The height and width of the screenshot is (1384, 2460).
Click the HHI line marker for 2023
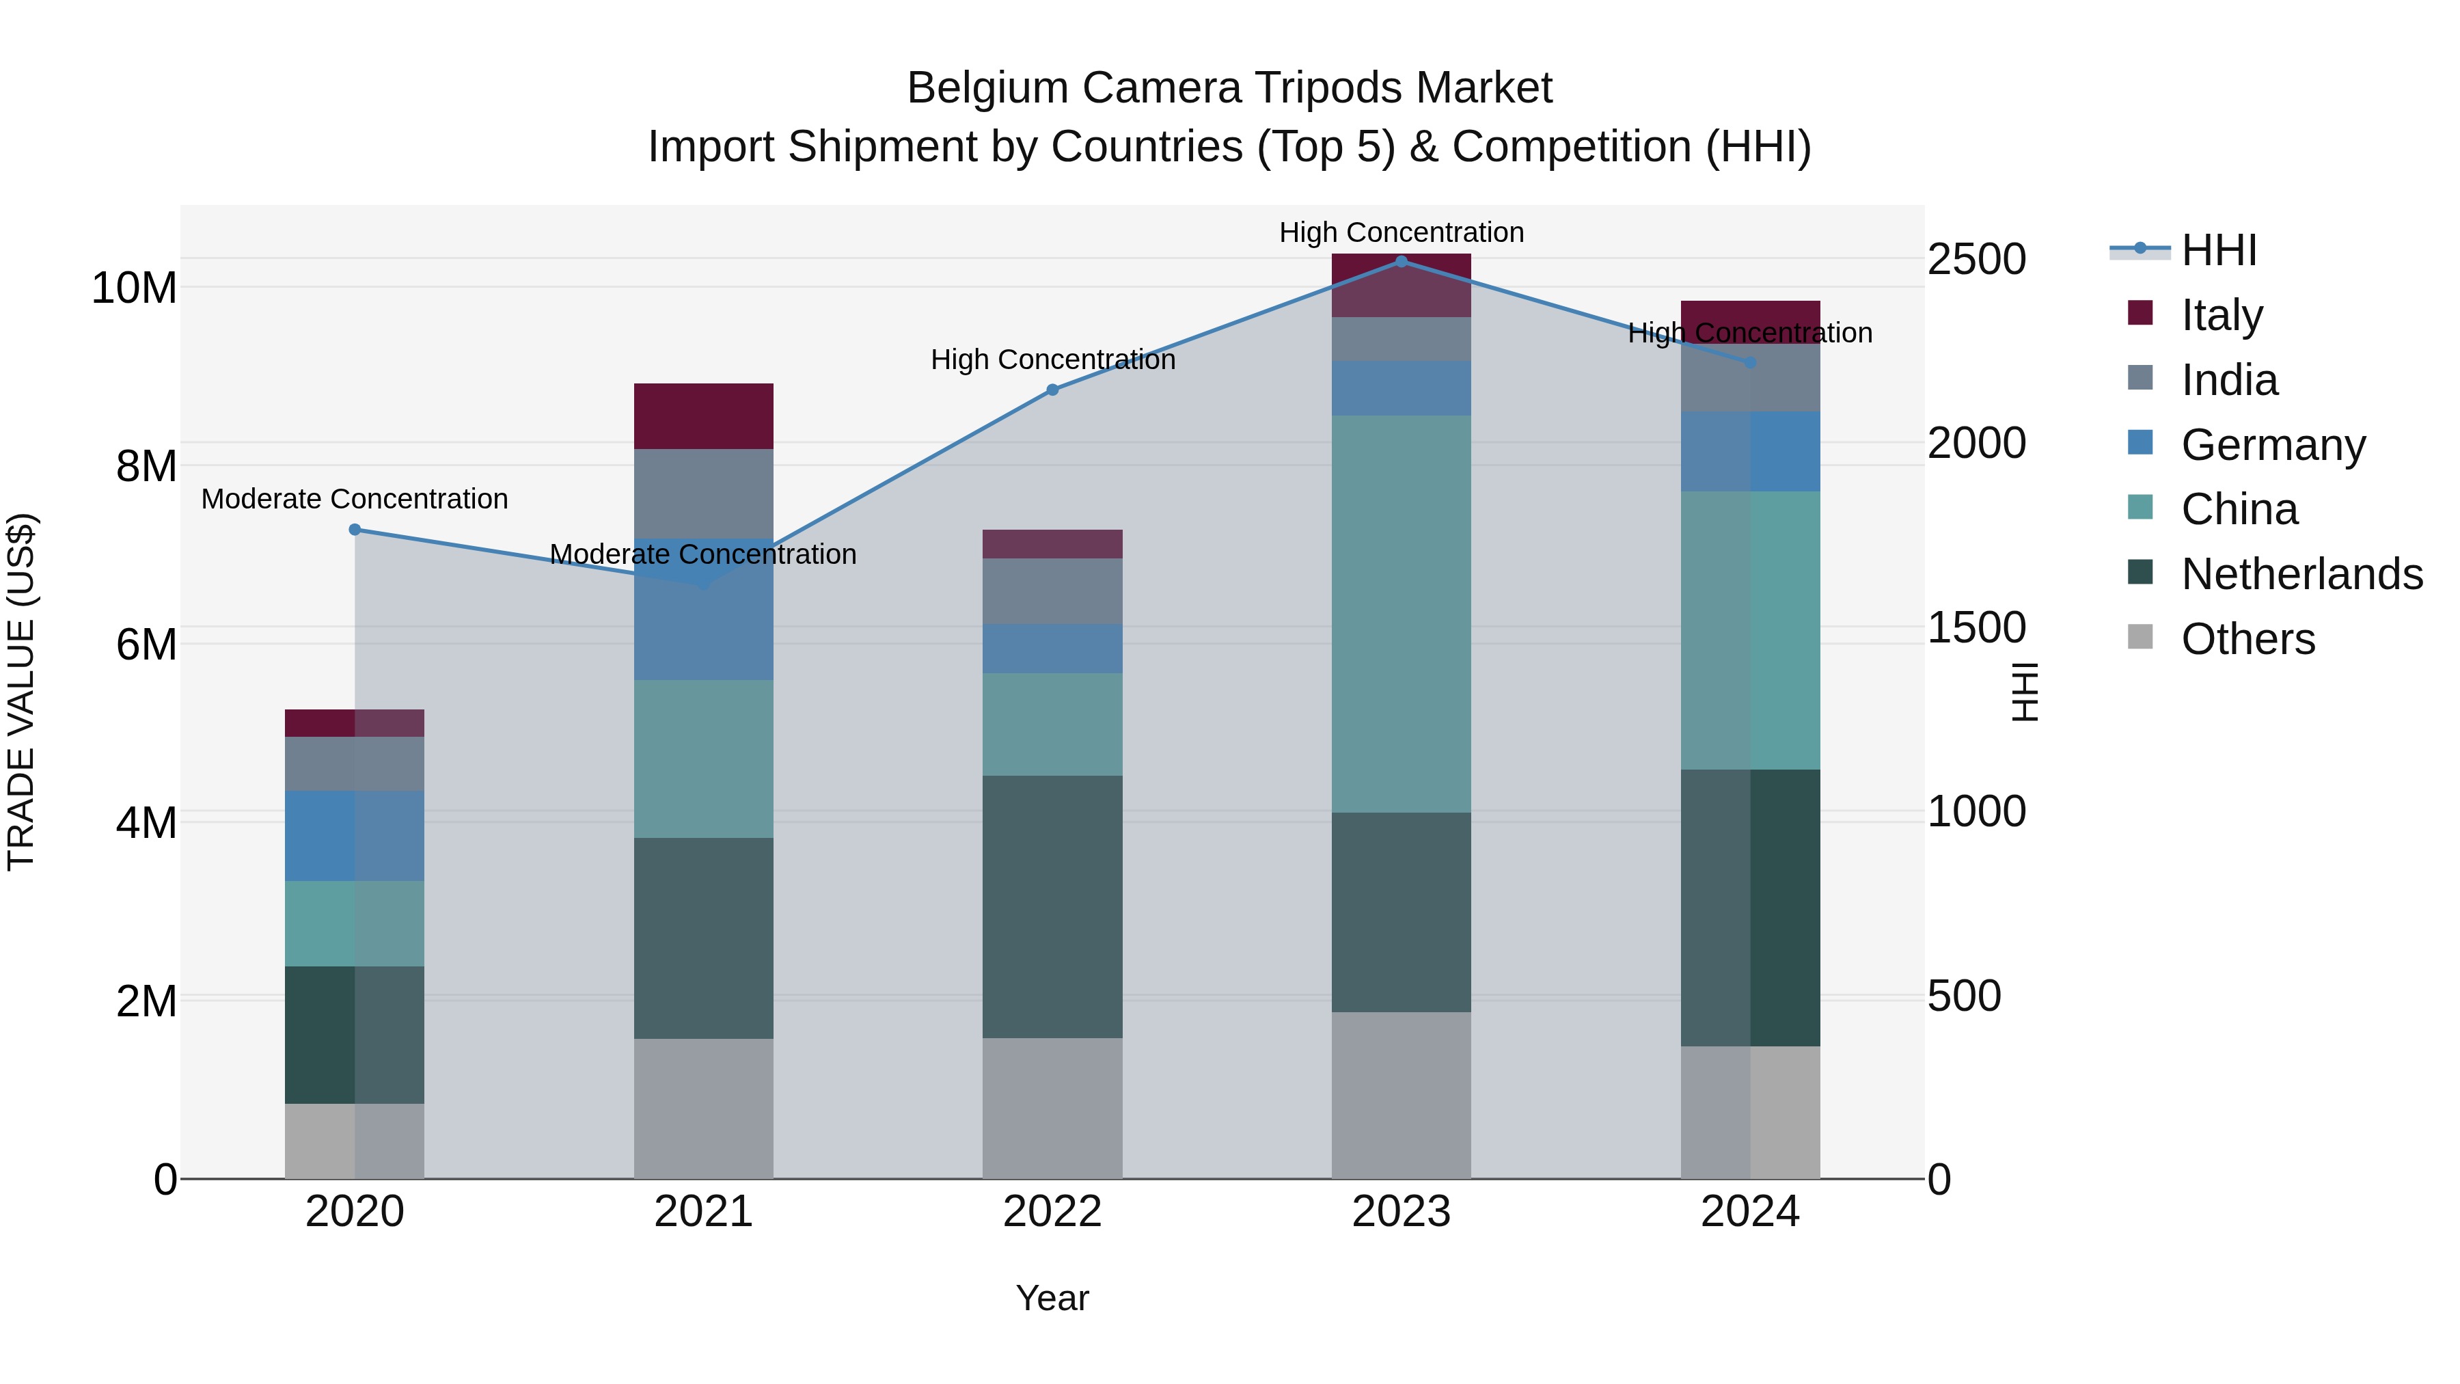click(x=1401, y=261)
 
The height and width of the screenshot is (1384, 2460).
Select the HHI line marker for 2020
click(x=354, y=529)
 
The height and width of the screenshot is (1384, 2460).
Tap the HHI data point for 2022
click(x=1052, y=390)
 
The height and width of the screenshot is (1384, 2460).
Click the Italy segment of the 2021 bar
click(x=703, y=416)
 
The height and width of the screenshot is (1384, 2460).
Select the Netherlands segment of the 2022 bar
click(x=1052, y=906)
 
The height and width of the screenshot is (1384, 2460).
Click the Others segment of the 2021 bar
click(x=703, y=1108)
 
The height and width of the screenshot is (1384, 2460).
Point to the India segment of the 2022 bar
click(x=1052, y=591)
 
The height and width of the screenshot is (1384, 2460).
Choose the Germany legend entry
click(x=2273, y=445)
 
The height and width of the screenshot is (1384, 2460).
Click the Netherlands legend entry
click(x=2301, y=574)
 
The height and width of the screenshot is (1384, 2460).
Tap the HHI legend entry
click(x=2218, y=250)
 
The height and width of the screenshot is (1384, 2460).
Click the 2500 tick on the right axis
click(x=1976, y=260)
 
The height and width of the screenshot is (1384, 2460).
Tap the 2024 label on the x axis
click(x=1749, y=1212)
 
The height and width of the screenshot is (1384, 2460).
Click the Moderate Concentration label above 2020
click(x=354, y=499)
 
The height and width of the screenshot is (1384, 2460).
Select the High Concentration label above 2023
click(x=1401, y=232)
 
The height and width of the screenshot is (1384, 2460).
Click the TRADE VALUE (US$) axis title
click(x=21, y=692)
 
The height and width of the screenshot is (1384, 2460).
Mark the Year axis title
click(x=1052, y=1298)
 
